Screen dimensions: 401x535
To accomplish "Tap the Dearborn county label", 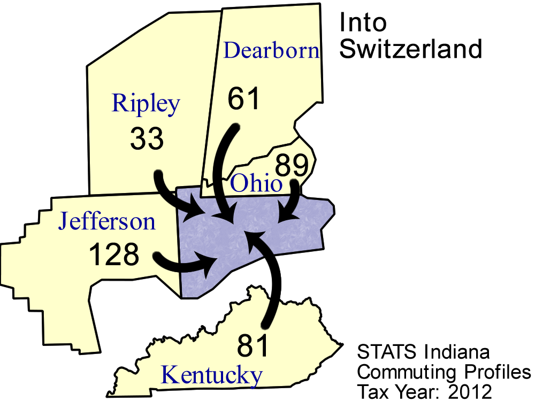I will (x=271, y=51).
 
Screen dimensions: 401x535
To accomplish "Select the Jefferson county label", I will (x=107, y=221).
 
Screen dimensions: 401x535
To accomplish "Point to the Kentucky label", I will (x=212, y=375).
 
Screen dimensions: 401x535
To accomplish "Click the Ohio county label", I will (x=256, y=184).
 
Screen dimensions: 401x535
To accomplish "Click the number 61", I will (x=243, y=99).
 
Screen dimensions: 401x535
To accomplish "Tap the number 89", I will (x=292, y=165).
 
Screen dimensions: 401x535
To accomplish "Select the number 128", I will (x=113, y=255).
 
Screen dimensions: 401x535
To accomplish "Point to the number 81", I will (x=253, y=346).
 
